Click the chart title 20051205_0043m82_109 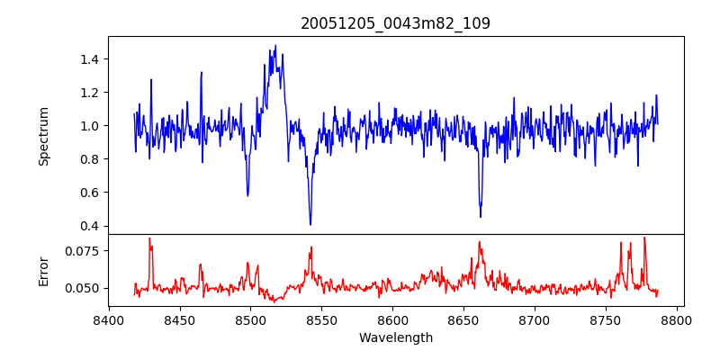point(396,23)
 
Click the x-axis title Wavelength point(396,337)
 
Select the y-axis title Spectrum point(43,136)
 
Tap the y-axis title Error point(43,270)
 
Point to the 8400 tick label point(108,319)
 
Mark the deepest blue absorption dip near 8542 point(310,224)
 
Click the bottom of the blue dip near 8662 point(481,217)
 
